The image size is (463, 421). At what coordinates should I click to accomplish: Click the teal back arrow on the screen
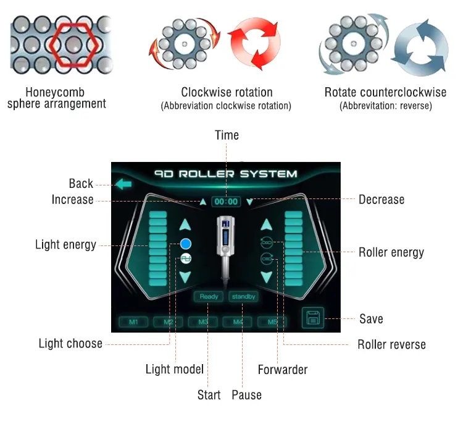coord(123,184)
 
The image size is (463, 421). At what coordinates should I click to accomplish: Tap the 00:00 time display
coord(226,202)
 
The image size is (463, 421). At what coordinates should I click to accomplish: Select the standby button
coord(243,297)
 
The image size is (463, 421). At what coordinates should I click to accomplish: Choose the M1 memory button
coord(133,322)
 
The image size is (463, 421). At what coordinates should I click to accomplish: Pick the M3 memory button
coord(203,322)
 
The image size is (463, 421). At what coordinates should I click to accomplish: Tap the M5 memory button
coord(272,322)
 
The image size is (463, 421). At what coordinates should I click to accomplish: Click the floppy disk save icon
coord(313,318)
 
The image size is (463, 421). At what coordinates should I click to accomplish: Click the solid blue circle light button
coord(186,244)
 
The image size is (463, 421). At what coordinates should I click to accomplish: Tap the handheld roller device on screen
coord(225,249)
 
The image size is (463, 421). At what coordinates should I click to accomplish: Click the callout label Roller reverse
coord(391,345)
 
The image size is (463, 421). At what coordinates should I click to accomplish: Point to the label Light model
coord(175,369)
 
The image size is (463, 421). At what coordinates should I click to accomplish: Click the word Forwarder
coord(283,370)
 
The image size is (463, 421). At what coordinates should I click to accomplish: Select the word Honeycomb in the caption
coord(55,92)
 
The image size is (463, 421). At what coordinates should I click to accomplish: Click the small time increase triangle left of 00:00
coord(203,202)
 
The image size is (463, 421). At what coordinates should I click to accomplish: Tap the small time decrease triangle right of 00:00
coord(250,202)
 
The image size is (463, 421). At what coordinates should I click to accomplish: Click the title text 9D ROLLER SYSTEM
coord(225,174)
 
